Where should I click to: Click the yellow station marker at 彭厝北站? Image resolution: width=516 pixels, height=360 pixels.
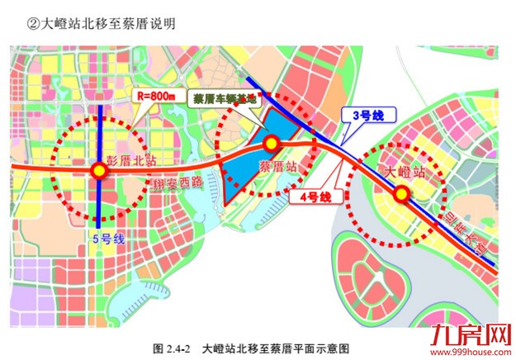(99, 171)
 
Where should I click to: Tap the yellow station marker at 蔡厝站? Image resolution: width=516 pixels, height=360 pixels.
(271, 145)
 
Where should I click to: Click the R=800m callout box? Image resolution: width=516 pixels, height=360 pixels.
(159, 96)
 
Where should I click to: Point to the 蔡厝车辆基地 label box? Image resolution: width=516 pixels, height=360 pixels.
(223, 97)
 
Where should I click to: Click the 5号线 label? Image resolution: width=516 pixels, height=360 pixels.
(107, 239)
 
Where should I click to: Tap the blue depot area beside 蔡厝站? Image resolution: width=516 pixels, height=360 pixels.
(248, 169)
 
